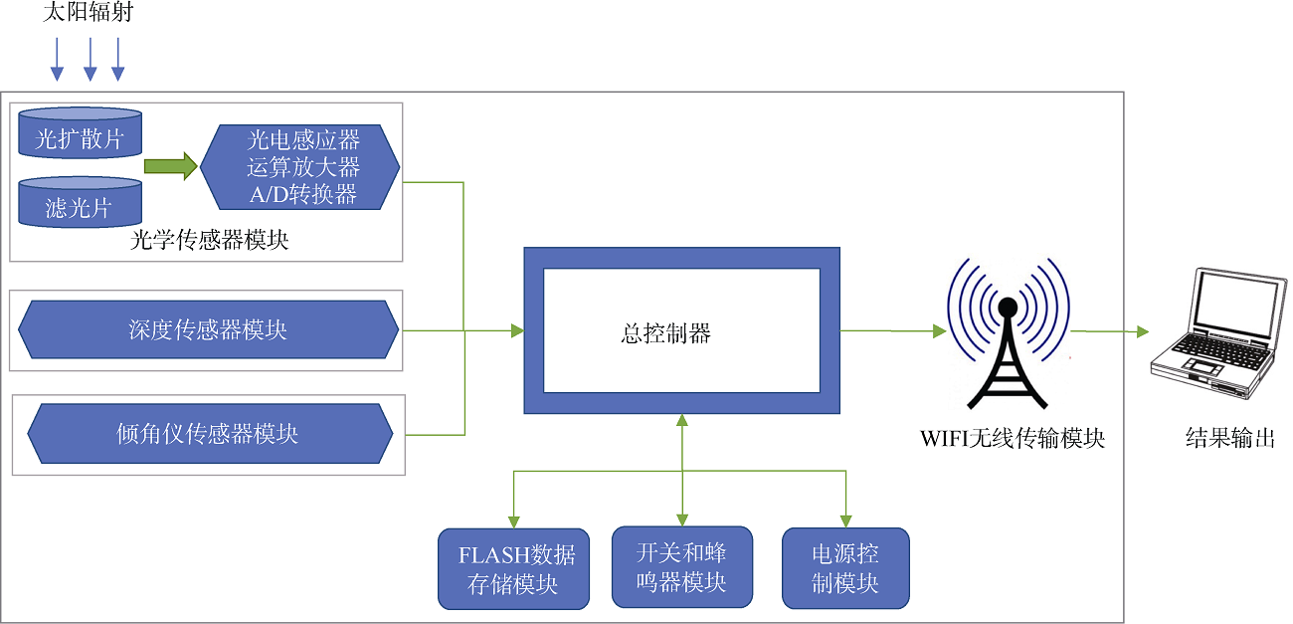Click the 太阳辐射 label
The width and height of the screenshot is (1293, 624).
click(x=88, y=12)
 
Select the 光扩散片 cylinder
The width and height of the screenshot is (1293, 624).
click(x=81, y=132)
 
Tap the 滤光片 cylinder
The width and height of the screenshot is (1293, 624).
click(x=81, y=202)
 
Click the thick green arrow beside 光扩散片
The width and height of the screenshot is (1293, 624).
click(x=171, y=166)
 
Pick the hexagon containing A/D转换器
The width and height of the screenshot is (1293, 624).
click(x=299, y=167)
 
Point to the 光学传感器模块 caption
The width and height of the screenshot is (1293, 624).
click(x=209, y=240)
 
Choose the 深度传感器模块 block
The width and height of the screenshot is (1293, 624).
click(x=209, y=329)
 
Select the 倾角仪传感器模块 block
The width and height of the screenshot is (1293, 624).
click(x=210, y=433)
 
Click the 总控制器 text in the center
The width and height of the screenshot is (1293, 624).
click(x=665, y=333)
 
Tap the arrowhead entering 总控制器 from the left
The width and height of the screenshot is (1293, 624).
click(x=517, y=331)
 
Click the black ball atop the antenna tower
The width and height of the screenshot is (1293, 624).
click(x=1008, y=307)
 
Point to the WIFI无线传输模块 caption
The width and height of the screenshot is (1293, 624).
click(x=1013, y=439)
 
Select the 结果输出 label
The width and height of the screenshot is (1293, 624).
click(x=1230, y=438)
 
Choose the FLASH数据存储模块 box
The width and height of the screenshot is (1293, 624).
click(x=514, y=569)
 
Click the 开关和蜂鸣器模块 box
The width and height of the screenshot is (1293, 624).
click(x=682, y=567)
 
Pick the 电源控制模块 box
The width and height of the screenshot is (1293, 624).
click(x=845, y=568)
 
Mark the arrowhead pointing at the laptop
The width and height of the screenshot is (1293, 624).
click(x=1143, y=331)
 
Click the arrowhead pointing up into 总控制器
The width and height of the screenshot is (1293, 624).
click(x=682, y=420)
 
